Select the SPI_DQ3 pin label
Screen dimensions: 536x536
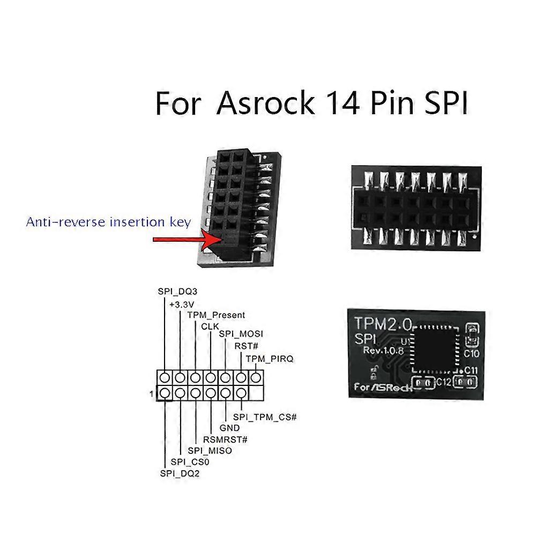coord(176,292)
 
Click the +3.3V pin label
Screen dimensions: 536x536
coord(182,304)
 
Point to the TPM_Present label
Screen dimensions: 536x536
coord(216,315)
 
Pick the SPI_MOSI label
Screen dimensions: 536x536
coord(241,334)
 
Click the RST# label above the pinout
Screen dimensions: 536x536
coord(247,346)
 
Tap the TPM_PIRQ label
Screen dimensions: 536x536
coord(270,359)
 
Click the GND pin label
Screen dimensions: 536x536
coord(229,428)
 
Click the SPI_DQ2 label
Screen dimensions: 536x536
coord(180,473)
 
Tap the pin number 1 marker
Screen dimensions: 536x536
coord(153,395)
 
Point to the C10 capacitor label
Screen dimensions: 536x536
coord(472,354)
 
